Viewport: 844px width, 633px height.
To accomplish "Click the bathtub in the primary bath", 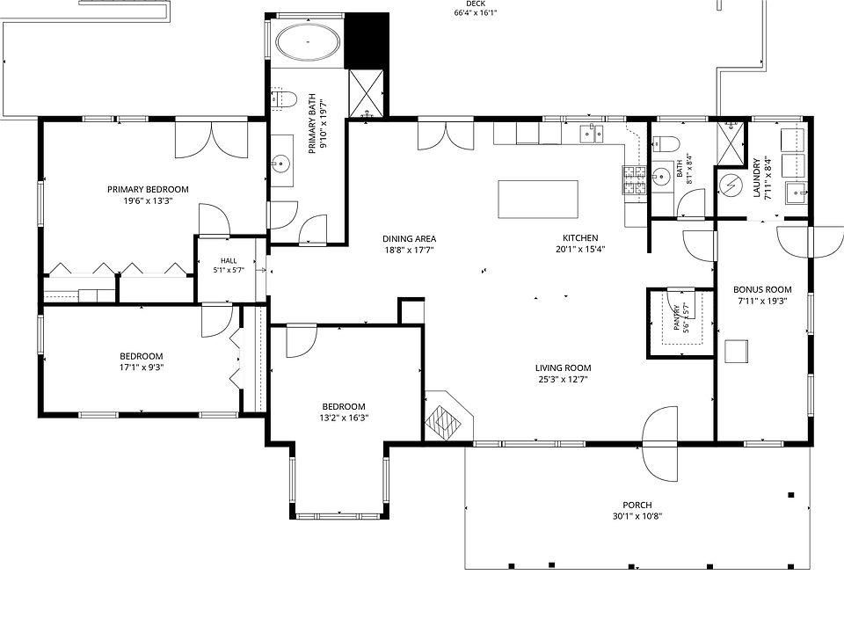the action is [x=308, y=41].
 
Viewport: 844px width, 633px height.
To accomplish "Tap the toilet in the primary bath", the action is [x=284, y=99].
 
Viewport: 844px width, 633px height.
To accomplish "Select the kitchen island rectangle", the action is [x=538, y=200].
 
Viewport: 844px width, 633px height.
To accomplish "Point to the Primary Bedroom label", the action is [x=148, y=190].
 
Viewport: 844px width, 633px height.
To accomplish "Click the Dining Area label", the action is [x=409, y=238].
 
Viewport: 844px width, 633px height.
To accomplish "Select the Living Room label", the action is [x=563, y=368].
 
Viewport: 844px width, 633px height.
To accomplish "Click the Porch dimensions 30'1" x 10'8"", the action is [x=637, y=516].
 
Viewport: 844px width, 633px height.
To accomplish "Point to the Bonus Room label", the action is [x=762, y=289].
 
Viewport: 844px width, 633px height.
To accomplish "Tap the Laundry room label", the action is [x=757, y=178].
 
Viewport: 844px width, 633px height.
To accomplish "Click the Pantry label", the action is [x=677, y=317].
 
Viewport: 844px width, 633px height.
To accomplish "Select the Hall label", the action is [x=229, y=261].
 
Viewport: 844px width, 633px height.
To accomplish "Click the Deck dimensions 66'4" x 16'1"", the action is [x=476, y=12].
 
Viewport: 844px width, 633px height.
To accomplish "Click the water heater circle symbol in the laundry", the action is [x=731, y=186].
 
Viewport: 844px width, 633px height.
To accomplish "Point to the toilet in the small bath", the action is [x=666, y=143].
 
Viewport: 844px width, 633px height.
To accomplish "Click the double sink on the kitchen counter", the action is [x=592, y=134].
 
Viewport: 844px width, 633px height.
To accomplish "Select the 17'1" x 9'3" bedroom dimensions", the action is [x=142, y=367].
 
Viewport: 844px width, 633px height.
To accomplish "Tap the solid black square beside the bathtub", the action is [x=366, y=40].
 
